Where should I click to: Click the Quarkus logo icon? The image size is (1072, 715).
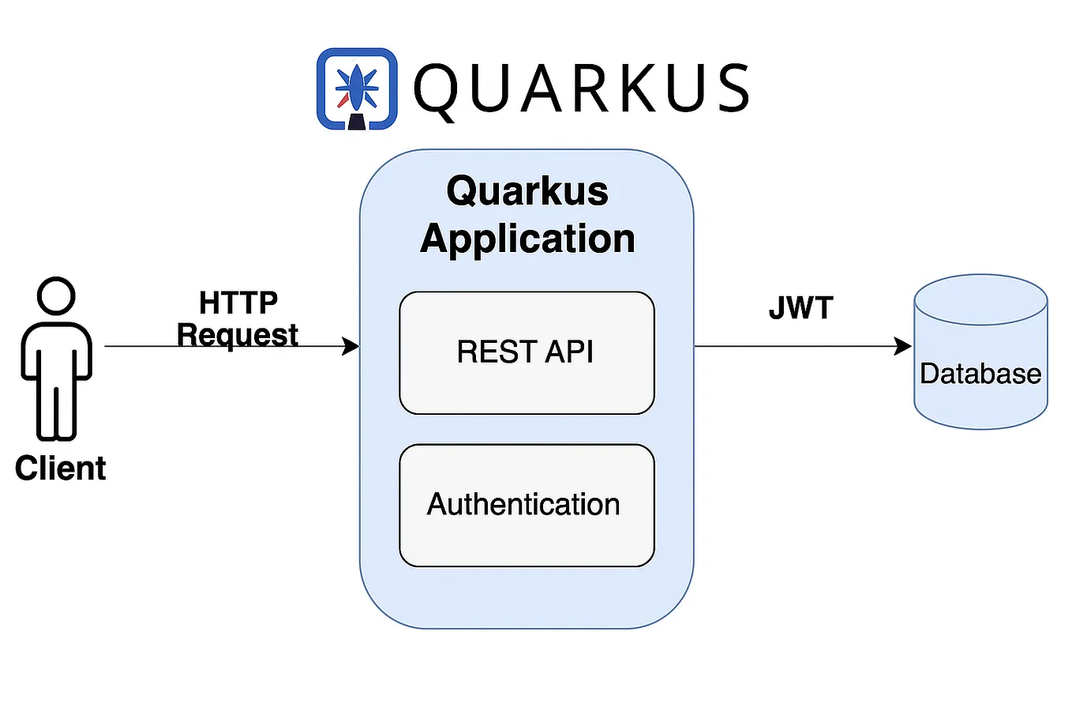coord(357,88)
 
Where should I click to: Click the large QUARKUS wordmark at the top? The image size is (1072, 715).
coord(581,88)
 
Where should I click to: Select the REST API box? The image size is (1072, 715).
coord(527,352)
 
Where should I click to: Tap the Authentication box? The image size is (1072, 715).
coord(527,505)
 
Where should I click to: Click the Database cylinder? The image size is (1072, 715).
coord(980,363)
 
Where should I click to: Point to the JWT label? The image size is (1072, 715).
coord(800,308)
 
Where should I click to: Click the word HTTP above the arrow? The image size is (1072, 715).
coord(238,303)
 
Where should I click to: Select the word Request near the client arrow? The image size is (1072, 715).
coord(237,335)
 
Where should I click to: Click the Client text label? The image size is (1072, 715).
coord(60,469)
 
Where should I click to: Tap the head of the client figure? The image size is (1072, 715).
coord(56,296)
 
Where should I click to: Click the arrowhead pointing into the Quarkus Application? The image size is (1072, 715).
coord(351,346)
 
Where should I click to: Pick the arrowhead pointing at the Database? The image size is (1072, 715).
coord(903,346)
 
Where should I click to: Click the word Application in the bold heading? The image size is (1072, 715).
coord(527,239)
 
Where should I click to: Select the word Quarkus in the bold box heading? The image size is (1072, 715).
coord(527,191)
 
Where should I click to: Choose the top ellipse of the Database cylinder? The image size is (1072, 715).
coord(980,299)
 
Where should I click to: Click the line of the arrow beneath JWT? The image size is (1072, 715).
coord(797,346)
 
